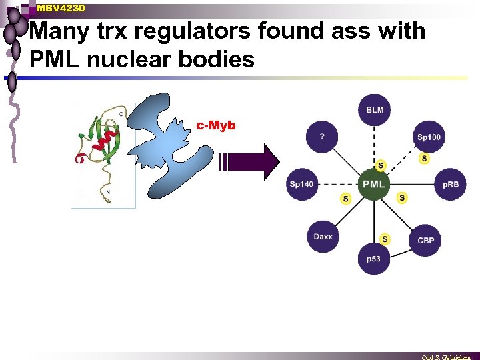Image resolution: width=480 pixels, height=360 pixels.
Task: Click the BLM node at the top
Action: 375,109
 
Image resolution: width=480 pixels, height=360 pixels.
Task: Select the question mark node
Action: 322,137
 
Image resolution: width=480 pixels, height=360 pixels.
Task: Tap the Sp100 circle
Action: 429,137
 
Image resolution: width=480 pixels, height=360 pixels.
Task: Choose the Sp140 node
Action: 301,184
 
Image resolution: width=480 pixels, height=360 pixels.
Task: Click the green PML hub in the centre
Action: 373,183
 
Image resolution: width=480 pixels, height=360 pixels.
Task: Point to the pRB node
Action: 450,184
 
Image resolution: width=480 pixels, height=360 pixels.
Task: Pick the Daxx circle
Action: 323,237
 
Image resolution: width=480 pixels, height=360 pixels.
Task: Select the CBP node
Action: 425,240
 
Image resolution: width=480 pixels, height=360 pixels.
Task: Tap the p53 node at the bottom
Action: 374,258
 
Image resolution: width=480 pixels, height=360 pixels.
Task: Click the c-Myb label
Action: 216,125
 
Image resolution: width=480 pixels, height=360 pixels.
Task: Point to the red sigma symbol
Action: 79,159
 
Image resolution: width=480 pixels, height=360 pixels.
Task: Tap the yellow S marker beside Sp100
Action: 424,159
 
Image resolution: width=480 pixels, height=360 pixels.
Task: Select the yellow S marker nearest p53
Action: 385,239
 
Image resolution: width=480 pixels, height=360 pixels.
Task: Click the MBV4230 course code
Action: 61,8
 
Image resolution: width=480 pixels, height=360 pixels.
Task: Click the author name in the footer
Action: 446,357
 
